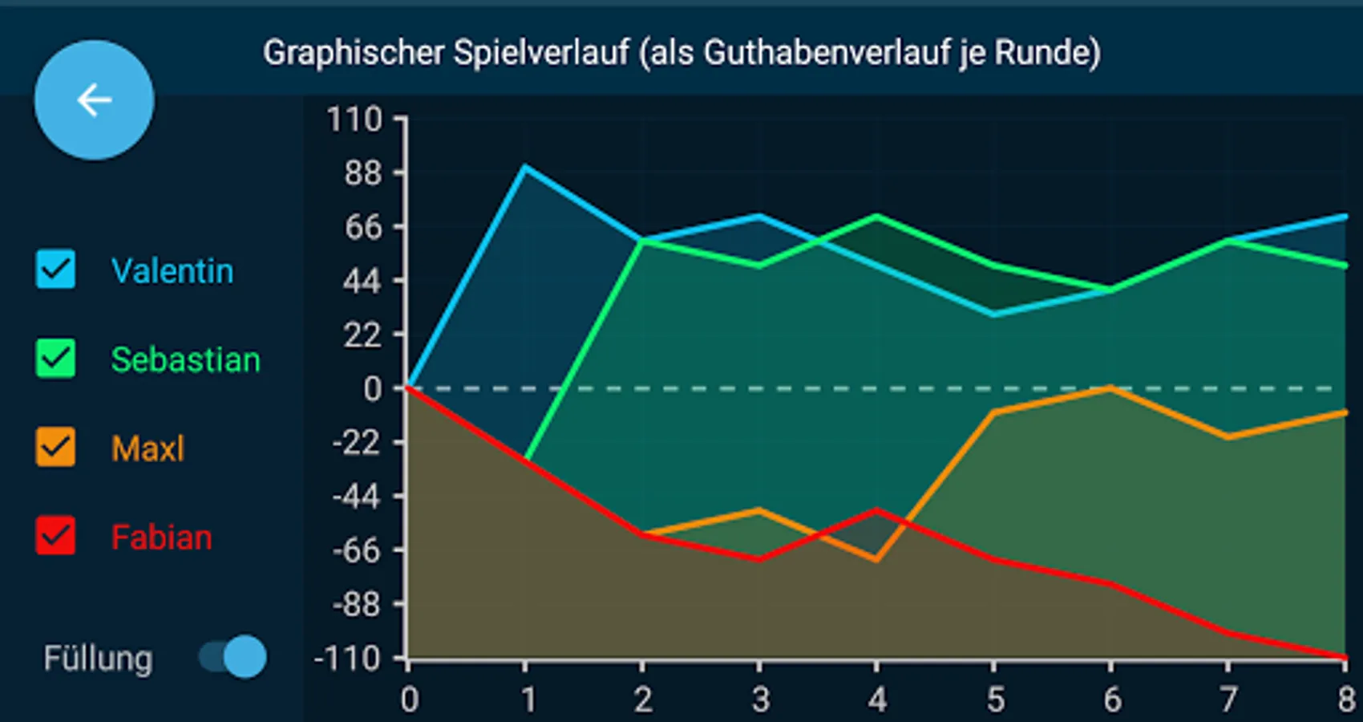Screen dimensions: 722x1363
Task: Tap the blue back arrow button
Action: coord(94,100)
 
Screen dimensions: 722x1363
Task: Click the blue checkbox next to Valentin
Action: coord(56,270)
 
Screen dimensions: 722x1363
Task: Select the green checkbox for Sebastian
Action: coord(56,359)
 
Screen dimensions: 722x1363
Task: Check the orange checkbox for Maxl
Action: coord(56,448)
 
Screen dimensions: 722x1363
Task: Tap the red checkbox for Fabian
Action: coord(56,536)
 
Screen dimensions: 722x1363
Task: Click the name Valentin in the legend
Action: coord(172,271)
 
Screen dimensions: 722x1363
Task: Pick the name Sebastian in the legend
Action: coord(185,360)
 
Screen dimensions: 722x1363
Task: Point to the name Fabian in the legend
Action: coord(161,537)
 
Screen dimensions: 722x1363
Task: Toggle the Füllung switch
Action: coord(233,658)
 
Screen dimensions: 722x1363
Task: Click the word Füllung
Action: coord(98,659)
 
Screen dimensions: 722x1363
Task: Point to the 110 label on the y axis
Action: coord(354,120)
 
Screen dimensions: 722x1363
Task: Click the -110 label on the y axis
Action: coord(348,659)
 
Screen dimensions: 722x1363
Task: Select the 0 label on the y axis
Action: coord(373,389)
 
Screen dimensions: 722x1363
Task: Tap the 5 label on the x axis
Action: coord(995,700)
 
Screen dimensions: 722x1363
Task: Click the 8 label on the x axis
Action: coord(1346,700)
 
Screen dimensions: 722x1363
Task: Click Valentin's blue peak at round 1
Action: coord(524,167)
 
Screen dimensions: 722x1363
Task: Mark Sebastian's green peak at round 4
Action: coord(876,216)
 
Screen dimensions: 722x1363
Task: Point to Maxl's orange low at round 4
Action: coord(876,559)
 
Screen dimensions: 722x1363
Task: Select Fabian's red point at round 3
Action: coord(759,558)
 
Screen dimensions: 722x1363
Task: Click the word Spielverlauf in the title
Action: coord(541,53)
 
